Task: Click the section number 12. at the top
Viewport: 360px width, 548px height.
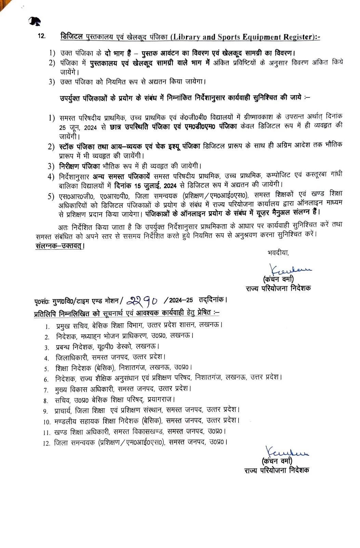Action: (41, 36)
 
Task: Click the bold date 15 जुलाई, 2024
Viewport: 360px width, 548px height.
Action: (155, 186)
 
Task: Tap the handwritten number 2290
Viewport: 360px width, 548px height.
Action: (142, 300)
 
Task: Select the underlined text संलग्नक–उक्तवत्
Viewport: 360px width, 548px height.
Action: (60, 246)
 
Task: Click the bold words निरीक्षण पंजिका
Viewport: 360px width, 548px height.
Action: (79, 166)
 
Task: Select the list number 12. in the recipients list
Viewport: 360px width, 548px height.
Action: (46, 444)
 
